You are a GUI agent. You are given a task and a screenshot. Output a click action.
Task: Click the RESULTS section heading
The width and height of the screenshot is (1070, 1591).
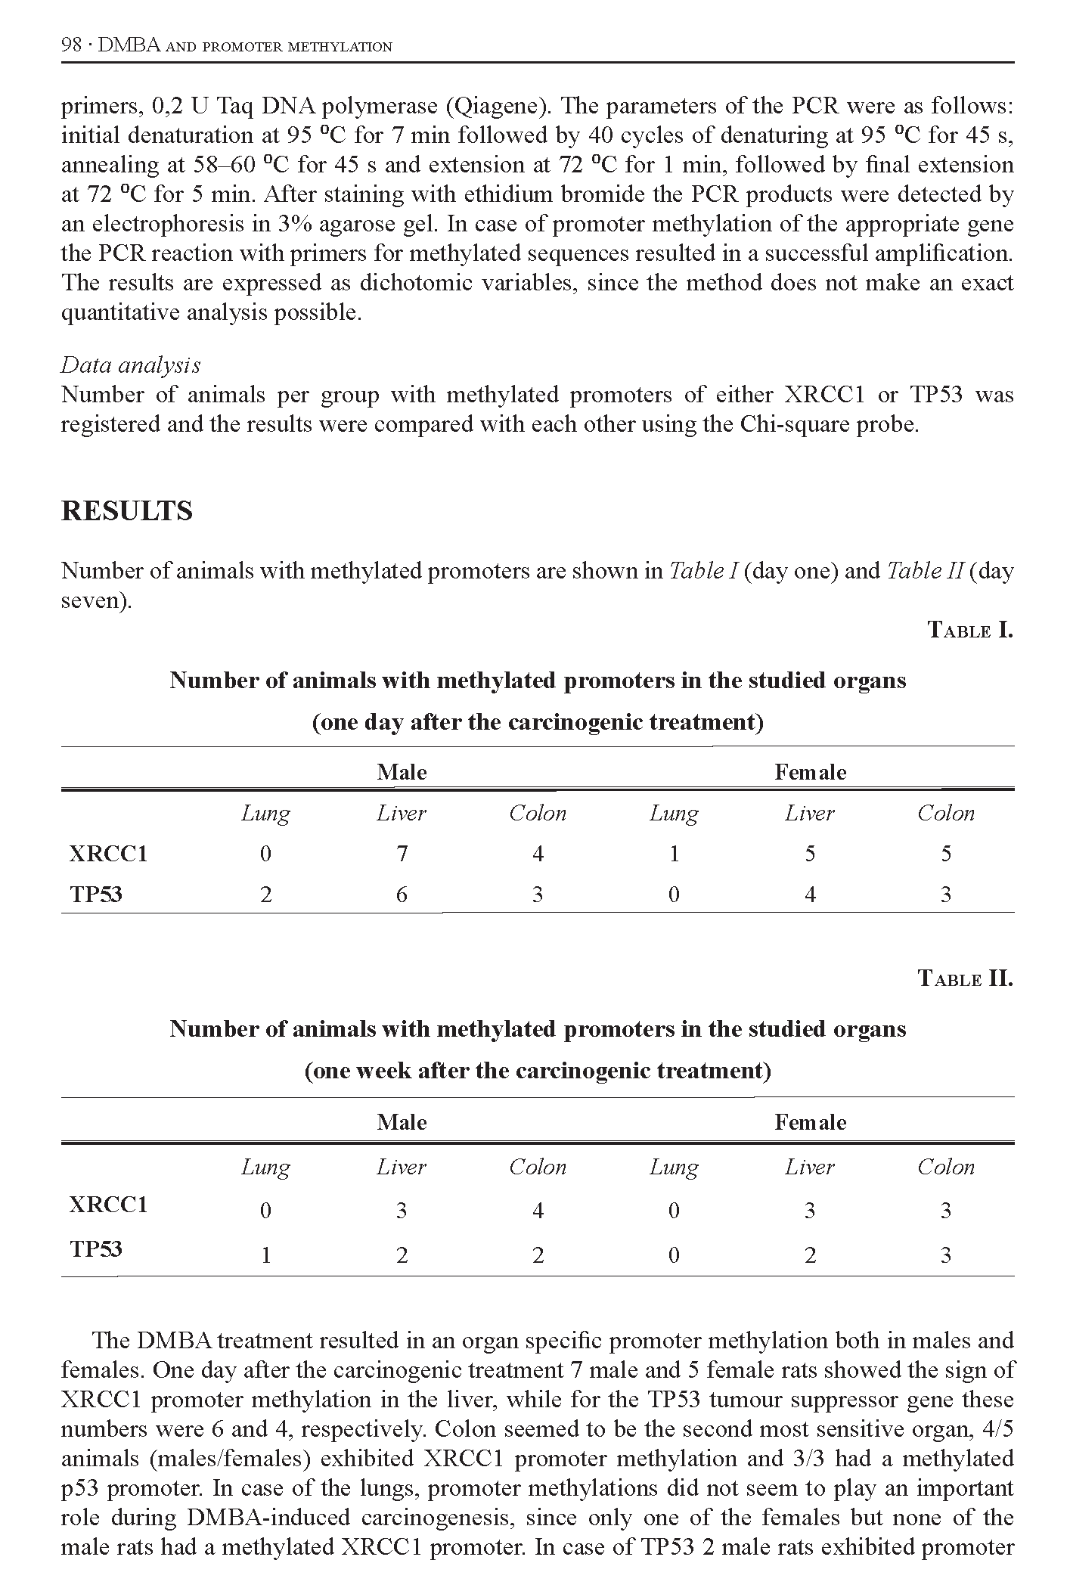coord(126,511)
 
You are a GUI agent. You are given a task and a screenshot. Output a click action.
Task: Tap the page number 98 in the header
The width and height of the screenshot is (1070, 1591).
coord(70,45)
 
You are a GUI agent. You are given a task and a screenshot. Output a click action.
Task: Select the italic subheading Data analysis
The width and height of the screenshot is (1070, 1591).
coord(130,365)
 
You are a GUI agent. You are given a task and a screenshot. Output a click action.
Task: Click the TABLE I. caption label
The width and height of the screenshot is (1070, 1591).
coord(969,630)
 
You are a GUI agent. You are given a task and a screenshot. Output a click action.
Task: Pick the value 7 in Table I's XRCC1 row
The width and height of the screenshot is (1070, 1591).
coord(402,854)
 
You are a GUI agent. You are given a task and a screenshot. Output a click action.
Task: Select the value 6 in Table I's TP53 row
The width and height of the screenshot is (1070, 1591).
coord(402,895)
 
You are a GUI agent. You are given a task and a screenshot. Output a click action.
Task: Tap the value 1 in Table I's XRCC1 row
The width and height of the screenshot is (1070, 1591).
coord(674,854)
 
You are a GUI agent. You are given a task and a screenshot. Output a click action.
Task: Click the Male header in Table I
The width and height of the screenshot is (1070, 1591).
coord(402,772)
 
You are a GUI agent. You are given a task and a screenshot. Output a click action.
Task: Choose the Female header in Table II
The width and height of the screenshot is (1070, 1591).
coord(810,1122)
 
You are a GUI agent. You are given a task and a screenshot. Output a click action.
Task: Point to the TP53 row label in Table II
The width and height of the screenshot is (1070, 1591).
coord(96,1248)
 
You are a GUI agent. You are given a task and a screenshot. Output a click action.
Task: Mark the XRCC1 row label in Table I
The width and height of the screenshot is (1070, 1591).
coord(108,854)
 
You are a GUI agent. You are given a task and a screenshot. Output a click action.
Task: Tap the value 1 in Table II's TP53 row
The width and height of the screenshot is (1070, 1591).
coord(265,1256)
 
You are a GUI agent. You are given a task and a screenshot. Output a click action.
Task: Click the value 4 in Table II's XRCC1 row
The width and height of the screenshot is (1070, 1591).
coord(538,1211)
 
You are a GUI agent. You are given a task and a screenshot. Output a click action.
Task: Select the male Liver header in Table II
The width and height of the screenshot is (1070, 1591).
coord(402,1168)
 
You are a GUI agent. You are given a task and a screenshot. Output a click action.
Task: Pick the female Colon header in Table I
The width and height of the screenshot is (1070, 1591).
coord(946,814)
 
